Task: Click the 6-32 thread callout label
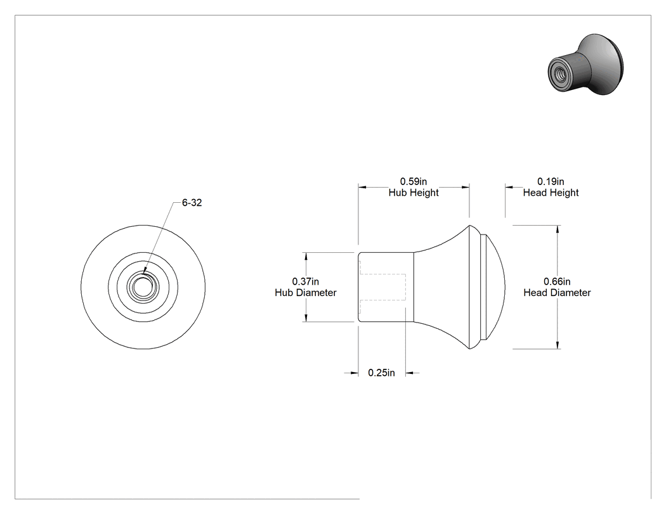tap(192, 203)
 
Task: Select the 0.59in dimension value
tap(414, 182)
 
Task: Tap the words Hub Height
tap(414, 193)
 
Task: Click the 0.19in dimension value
tap(551, 182)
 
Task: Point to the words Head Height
tap(551, 193)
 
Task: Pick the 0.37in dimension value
tap(305, 281)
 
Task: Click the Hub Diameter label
tap(305, 292)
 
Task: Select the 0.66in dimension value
tap(557, 281)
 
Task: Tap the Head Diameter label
tap(557, 292)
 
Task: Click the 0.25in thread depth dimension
tap(381, 373)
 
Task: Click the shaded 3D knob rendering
tap(585, 65)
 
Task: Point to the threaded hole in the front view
tap(143, 287)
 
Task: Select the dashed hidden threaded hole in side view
tap(382, 287)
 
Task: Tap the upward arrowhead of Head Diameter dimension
tap(558, 229)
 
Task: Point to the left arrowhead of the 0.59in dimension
tap(362, 187)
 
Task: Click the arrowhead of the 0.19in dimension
tap(509, 187)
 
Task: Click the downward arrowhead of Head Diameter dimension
tap(558, 345)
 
